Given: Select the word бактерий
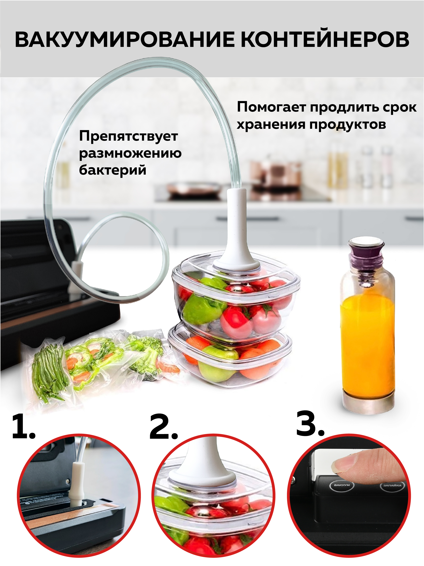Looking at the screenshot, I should tap(113, 170).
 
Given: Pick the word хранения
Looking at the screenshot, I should tap(271, 125).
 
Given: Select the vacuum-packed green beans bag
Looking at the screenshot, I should tap(49, 368).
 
